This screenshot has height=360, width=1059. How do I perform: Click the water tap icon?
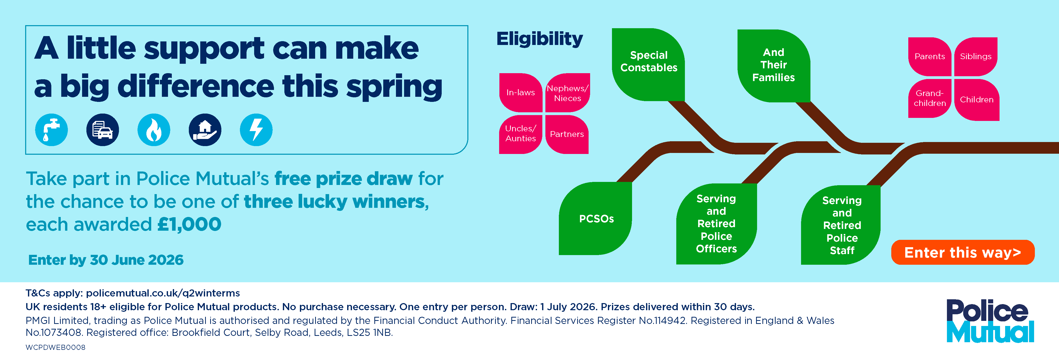(51, 130)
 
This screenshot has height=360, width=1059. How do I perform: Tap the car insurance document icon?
(102, 130)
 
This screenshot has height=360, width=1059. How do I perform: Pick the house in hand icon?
(205, 130)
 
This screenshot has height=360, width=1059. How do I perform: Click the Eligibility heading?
(539, 39)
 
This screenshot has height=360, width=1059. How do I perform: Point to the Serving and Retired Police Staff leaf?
(841, 225)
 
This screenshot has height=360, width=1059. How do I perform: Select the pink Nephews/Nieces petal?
(567, 93)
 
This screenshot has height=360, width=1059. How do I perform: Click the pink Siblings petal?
(976, 57)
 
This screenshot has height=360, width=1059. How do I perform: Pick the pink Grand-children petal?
(929, 99)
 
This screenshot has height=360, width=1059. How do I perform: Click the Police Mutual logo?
(990, 321)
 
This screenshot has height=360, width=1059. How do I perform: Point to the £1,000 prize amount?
(189, 224)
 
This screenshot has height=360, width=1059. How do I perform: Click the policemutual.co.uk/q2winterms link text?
(163, 293)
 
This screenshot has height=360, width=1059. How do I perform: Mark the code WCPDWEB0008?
(55, 347)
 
